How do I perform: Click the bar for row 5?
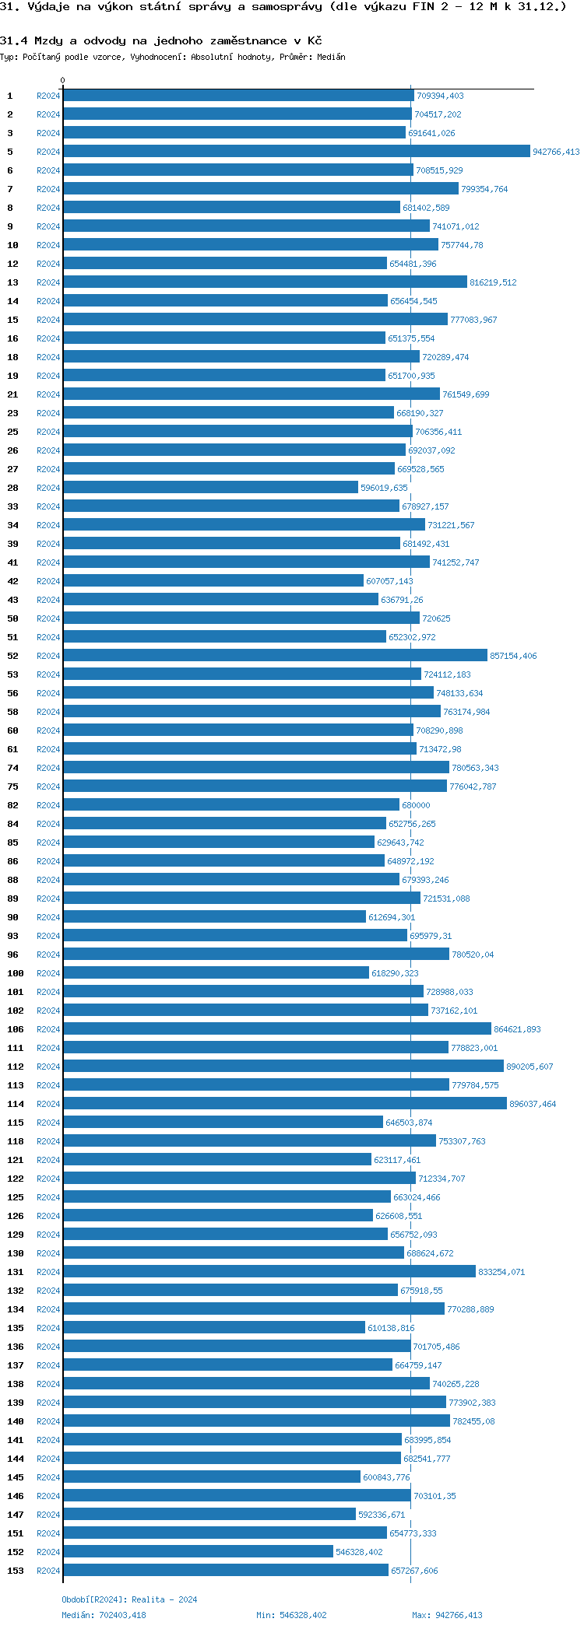tap(296, 152)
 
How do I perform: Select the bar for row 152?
tap(198, 1552)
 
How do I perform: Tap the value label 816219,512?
tap(493, 282)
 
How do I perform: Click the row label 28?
tap(12, 488)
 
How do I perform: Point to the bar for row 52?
tap(275, 656)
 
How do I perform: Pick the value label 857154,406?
tap(513, 656)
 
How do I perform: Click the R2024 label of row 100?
tap(48, 973)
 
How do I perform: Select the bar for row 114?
tap(285, 1104)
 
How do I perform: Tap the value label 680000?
tap(416, 805)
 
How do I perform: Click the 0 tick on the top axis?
tap(63, 81)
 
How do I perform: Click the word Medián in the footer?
tap(74, 1615)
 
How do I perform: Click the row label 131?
tap(16, 1272)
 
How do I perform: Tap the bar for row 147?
tap(209, 1515)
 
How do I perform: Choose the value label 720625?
tap(436, 618)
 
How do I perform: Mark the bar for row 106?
tap(277, 1029)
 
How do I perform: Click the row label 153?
tap(16, 1571)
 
